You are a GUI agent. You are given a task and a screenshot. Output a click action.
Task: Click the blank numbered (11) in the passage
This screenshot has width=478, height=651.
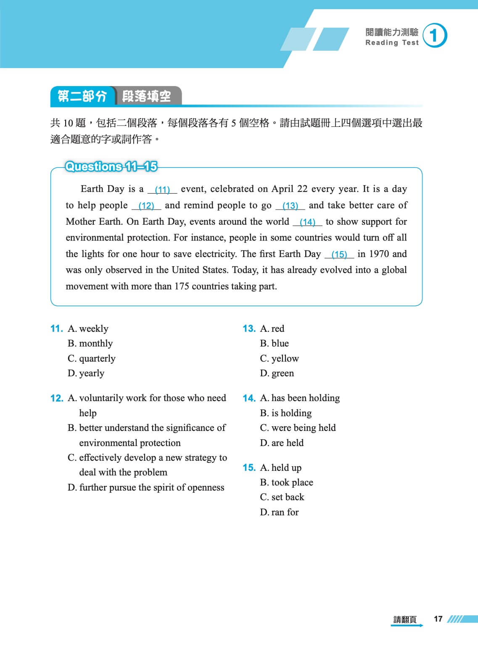162,189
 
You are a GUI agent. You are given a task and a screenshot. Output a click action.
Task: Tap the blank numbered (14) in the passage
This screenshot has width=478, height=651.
307,222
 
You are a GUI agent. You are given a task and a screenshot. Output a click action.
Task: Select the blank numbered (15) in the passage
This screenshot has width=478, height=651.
339,255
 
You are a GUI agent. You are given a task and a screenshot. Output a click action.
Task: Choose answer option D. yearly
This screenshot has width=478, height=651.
86,373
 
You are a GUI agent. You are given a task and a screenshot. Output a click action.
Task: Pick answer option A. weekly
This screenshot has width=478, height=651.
88,329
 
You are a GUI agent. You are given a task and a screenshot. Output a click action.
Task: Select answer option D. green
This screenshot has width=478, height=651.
277,373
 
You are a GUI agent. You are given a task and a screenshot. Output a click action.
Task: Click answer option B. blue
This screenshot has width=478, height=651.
274,344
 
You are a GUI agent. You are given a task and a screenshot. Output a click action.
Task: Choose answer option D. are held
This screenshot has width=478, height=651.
282,443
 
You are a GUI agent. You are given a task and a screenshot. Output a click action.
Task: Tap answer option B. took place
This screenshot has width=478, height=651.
286,483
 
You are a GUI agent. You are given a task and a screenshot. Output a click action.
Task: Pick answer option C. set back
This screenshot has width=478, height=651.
282,497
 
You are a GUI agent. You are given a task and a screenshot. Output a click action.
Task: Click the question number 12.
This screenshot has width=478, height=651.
56,398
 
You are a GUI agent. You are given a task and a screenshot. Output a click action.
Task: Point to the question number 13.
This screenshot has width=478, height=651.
249,329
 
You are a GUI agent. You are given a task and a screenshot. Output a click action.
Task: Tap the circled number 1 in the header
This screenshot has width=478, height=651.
434,36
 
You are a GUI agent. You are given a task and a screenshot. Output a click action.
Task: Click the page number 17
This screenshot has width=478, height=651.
438,619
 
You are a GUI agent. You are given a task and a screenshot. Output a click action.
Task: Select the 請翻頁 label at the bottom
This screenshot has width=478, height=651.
405,619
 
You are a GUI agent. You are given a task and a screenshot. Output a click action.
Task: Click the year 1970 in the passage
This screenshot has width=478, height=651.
379,254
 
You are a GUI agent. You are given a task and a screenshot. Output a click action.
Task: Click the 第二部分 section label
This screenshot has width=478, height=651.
82,96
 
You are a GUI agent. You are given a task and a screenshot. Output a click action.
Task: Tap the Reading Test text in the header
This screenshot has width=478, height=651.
392,43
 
